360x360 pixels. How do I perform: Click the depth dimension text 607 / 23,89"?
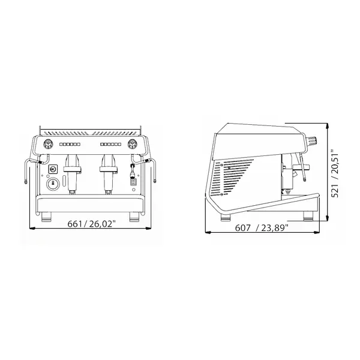click(262, 227)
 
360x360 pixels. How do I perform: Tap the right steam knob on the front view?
click(131, 144)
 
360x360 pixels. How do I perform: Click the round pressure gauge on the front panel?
click(53, 183)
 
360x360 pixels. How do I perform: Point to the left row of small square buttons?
click(71, 145)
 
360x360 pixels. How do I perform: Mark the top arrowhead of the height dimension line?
click(328, 125)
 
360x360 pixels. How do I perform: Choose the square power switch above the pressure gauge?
click(53, 170)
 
